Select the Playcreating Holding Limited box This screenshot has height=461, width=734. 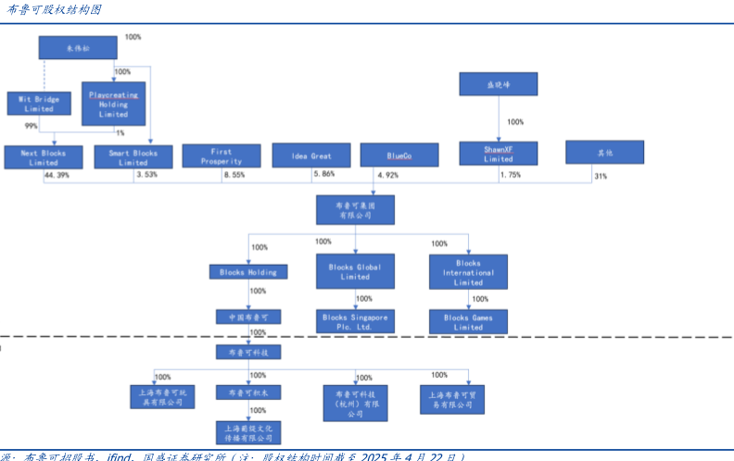coord(113,104)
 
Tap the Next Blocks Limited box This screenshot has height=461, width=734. coord(43,156)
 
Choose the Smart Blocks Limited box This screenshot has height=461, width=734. coord(133,156)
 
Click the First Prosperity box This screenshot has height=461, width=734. coord(221,156)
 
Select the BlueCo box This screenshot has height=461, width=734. coord(399,156)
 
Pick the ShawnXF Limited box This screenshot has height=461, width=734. coord(499,153)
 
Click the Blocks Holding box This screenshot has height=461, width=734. coord(247,272)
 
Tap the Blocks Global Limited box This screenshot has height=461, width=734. coord(355,271)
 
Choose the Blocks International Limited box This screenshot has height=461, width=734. coord(468,272)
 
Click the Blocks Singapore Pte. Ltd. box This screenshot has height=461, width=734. coord(355,321)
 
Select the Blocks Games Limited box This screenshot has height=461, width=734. coord(468,321)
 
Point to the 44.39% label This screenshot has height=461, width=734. coord(57,175)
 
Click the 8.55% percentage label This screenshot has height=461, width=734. coord(234,174)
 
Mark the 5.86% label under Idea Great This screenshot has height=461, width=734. coord(323,174)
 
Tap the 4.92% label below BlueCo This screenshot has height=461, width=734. coord(386,175)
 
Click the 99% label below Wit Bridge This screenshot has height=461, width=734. coord(32,126)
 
